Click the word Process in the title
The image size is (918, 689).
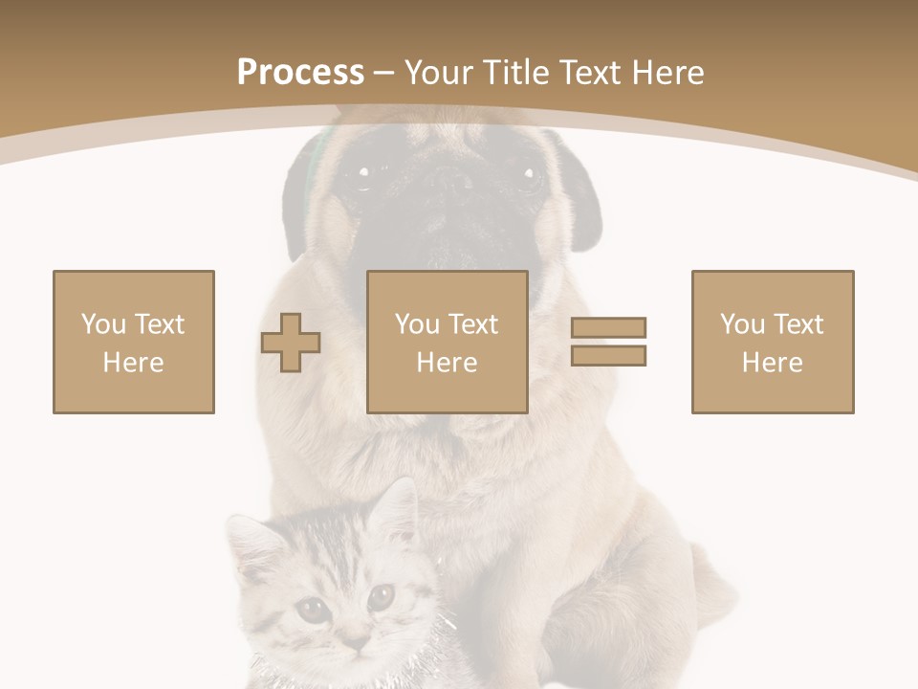tap(300, 72)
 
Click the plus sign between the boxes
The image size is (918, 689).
tap(291, 343)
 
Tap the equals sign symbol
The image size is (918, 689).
tap(608, 342)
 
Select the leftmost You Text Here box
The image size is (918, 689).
tap(134, 342)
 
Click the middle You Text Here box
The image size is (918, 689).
tap(448, 342)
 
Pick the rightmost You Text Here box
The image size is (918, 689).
tap(773, 342)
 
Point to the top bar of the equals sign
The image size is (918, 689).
tap(608, 327)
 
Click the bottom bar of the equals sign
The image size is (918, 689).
tap(608, 355)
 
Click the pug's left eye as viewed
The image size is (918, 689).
tap(363, 173)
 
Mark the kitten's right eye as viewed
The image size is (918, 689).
tap(381, 598)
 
